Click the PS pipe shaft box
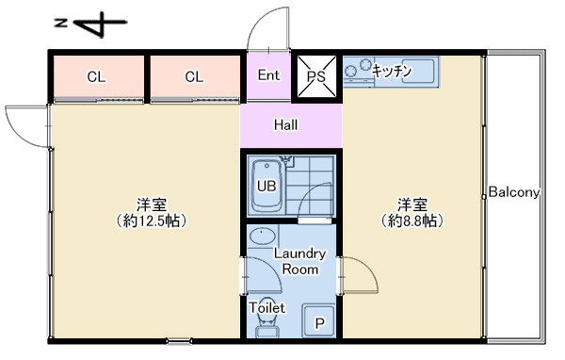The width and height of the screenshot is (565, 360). (316, 76)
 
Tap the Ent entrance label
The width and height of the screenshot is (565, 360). (268, 75)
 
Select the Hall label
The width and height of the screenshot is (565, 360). (286, 124)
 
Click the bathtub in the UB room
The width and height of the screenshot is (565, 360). (266, 187)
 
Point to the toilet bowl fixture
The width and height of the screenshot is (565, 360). (267, 325)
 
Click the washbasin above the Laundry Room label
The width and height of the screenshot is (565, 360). (263, 237)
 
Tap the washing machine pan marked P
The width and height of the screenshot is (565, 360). (319, 321)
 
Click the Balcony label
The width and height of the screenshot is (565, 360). (514, 192)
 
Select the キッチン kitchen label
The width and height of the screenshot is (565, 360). (392, 71)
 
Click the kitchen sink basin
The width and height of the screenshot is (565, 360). (418, 72)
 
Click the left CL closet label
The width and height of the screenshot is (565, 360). (97, 77)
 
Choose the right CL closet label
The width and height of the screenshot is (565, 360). (194, 77)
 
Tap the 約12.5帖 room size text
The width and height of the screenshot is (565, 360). (152, 221)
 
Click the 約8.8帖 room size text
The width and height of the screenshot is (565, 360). (412, 221)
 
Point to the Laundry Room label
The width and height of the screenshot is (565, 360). (299, 261)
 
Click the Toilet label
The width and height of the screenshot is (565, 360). (267, 307)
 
